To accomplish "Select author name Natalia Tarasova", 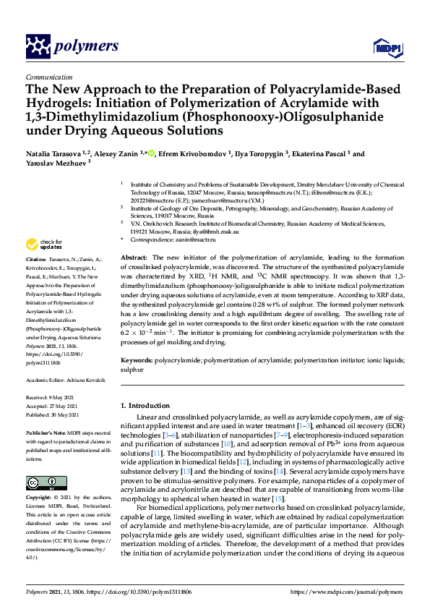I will [55, 154].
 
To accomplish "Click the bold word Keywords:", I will [137, 359].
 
